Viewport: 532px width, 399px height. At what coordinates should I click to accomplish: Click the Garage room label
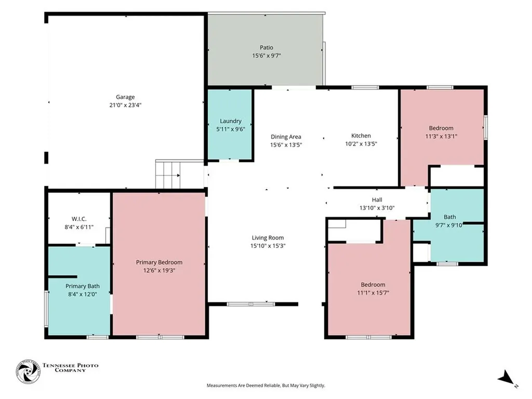tap(125, 97)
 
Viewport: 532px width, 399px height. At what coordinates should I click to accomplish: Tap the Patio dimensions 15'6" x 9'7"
tap(267, 56)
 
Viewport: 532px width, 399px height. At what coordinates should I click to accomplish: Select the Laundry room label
tap(231, 121)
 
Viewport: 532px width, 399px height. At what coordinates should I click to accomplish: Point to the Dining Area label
tap(286, 137)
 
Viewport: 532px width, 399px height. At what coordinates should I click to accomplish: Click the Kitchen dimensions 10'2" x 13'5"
tap(361, 144)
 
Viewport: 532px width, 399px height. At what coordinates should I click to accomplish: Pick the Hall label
tap(377, 200)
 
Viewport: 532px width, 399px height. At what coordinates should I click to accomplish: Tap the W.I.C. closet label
tap(79, 219)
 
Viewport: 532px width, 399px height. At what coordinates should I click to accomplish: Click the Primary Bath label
tap(83, 286)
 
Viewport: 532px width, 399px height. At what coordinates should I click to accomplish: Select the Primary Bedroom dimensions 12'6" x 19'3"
tap(159, 270)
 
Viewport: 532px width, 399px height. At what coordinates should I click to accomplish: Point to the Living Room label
tap(268, 238)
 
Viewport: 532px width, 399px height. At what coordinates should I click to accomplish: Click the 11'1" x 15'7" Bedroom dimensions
tap(373, 293)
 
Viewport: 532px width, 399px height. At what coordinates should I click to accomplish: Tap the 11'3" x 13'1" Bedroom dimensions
tap(441, 137)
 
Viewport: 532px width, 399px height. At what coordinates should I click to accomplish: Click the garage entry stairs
tap(168, 175)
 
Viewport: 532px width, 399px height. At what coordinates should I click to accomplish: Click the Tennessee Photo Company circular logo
tap(28, 371)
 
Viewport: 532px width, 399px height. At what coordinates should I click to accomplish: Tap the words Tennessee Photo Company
tap(70, 368)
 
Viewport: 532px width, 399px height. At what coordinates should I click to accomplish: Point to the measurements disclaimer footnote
tap(266, 385)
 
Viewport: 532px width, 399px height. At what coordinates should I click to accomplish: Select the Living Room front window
tap(251, 304)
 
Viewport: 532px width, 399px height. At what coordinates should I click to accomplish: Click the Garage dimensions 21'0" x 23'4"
tap(125, 105)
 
